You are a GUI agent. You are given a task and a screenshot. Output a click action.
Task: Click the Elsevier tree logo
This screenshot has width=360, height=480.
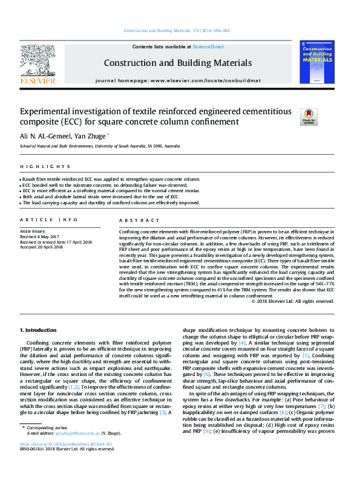point(38,60)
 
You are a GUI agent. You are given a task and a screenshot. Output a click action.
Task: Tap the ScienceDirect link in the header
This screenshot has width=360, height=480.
point(208,47)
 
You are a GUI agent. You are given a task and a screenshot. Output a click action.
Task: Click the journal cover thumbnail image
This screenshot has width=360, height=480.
point(316,62)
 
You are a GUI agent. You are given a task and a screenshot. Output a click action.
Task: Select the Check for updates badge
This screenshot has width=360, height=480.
point(309,116)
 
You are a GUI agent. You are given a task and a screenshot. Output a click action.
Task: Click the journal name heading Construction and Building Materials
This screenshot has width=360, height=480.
point(178,62)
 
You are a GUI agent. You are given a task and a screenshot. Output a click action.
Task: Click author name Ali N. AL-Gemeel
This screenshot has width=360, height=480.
point(45,136)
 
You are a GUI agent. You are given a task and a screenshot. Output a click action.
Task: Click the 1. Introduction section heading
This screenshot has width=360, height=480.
point(39,330)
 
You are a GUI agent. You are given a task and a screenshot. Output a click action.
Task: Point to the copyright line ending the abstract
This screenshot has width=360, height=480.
point(292,301)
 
